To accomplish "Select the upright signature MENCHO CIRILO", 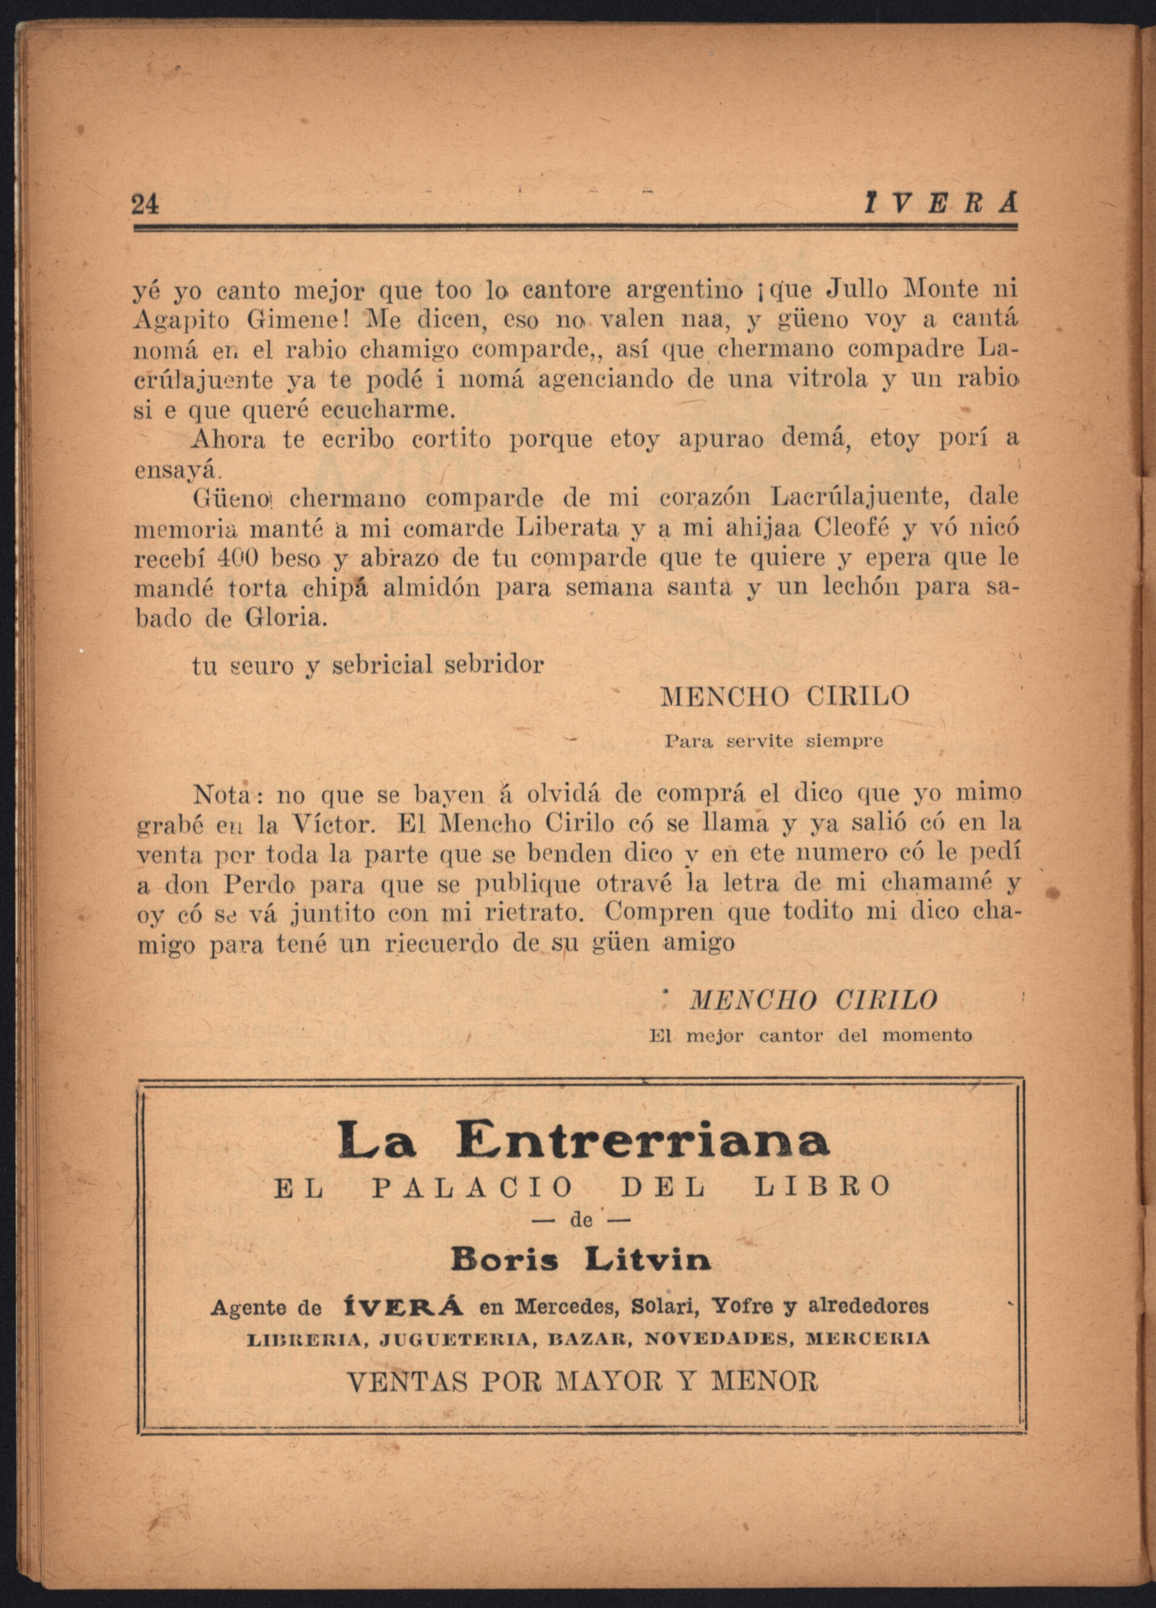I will point(785,696).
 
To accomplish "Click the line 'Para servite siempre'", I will point(774,742).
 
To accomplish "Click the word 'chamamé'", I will point(930,883).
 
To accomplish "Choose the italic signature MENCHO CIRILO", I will point(813,1000).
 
